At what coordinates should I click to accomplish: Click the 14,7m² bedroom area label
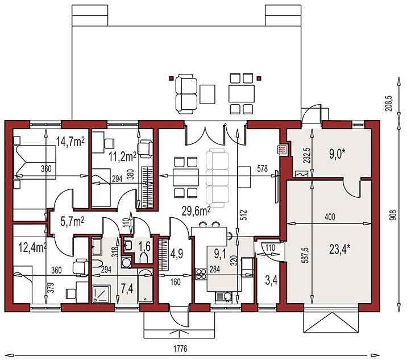tap(70, 142)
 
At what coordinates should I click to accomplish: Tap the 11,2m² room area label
tap(123, 157)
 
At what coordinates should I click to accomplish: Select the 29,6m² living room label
tap(196, 211)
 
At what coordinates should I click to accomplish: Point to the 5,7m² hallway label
tap(72, 222)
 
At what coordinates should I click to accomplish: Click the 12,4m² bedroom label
tap(33, 247)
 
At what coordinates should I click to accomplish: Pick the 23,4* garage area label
tap(339, 250)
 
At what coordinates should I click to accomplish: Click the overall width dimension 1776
tap(180, 349)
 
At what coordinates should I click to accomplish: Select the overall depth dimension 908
tap(393, 215)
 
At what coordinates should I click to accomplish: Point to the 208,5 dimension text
tap(390, 103)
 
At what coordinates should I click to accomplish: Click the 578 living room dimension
tap(262, 168)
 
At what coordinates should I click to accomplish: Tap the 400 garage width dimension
tap(330, 217)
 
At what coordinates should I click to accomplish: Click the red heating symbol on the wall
tap(281, 150)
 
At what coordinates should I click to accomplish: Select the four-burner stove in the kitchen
tap(201, 274)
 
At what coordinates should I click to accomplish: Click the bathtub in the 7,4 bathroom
tap(145, 285)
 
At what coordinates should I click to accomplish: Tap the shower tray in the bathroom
tap(102, 294)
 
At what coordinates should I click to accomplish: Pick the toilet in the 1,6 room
tap(144, 258)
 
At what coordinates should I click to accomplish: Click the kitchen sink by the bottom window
tap(224, 297)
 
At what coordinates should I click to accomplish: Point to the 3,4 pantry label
tap(271, 281)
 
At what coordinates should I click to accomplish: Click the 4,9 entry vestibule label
tap(177, 253)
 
